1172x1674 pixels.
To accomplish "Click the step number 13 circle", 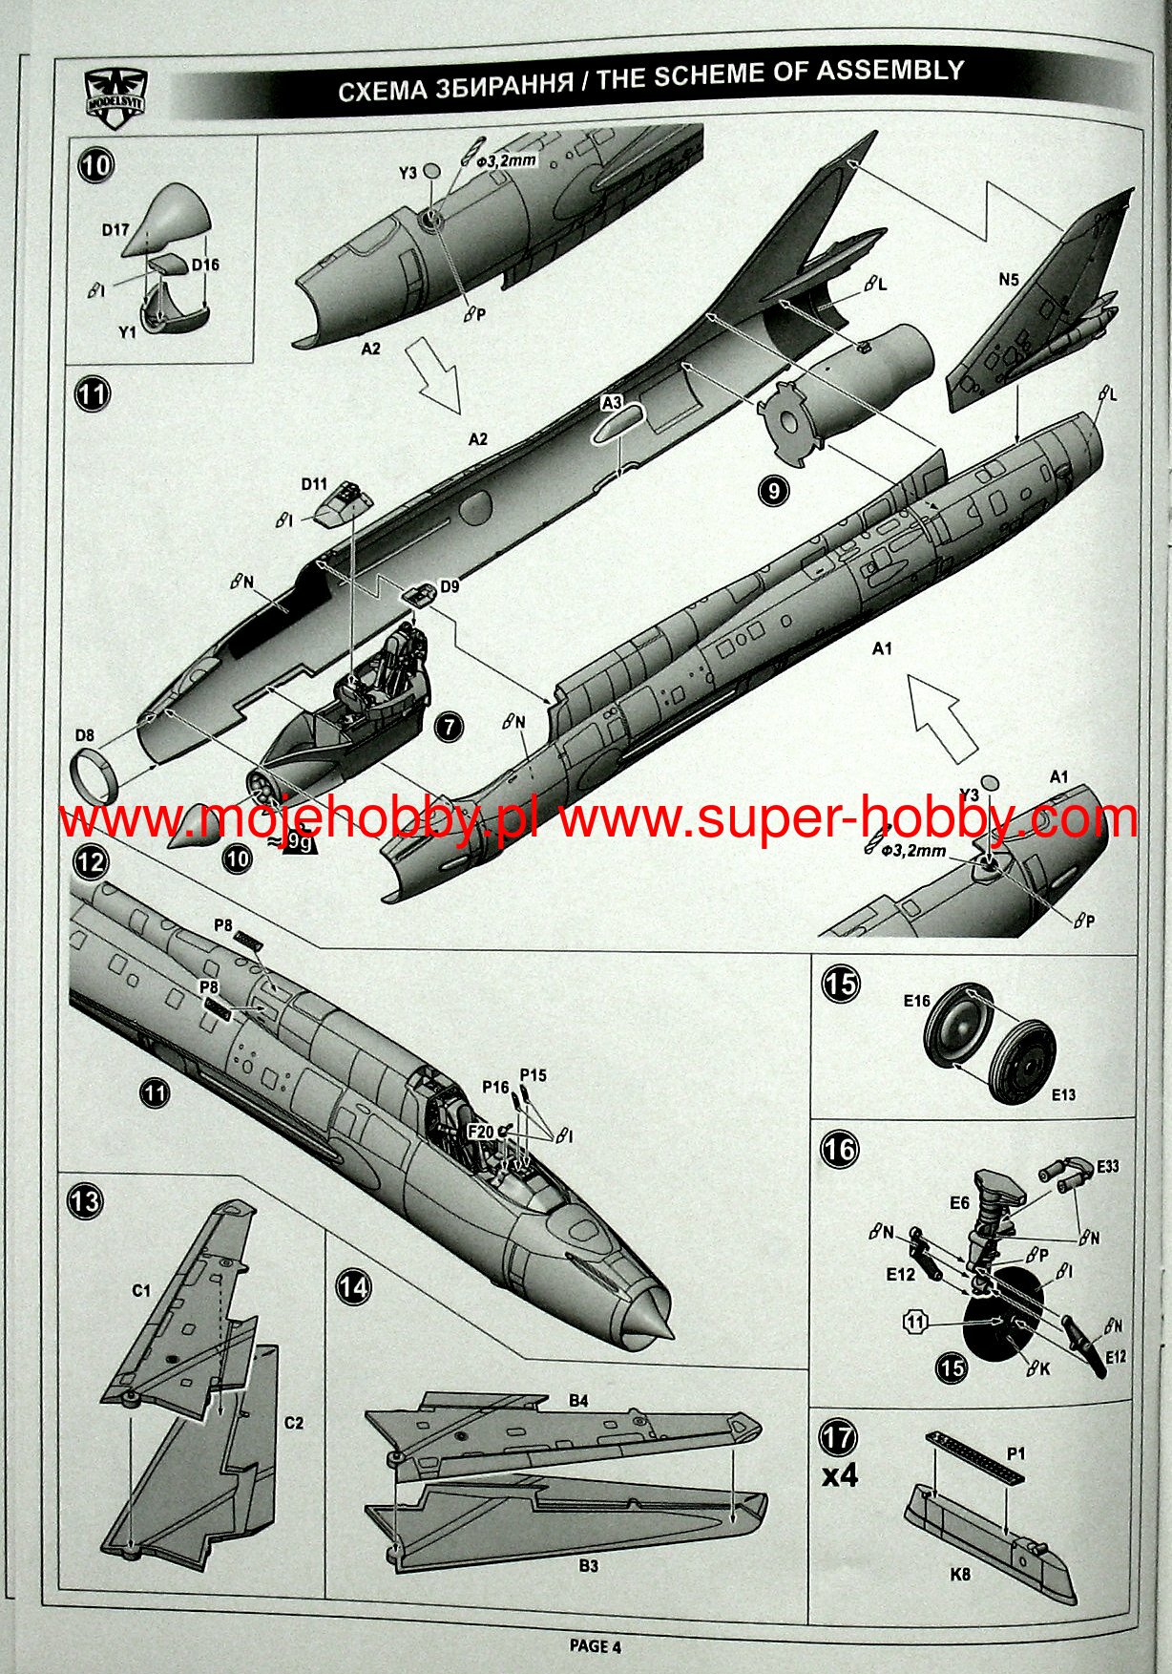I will (85, 1200).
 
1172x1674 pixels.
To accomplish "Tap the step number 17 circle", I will (839, 1437).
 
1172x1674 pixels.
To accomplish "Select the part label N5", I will (1008, 280).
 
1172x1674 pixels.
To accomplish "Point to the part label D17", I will (115, 230).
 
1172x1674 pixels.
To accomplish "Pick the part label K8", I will (960, 1574).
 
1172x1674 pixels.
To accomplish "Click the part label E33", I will (1107, 1166).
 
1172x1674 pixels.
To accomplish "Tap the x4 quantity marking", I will (840, 1475).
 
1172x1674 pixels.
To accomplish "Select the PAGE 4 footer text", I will (595, 1645).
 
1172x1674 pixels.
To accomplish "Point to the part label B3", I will (588, 1566).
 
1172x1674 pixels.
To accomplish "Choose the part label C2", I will (293, 1423).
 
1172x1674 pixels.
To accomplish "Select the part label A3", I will (612, 404).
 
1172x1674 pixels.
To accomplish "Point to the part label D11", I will (314, 484).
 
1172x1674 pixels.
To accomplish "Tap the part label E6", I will (959, 1203).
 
